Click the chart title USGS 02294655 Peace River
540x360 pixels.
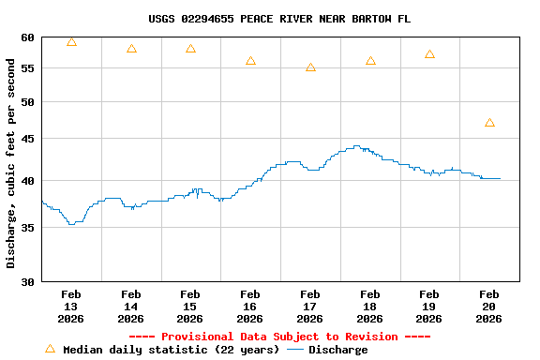coord(278,19)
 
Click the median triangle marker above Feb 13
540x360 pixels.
coord(71,42)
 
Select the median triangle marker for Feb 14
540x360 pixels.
coord(131,49)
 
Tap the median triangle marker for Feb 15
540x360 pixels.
coord(190,49)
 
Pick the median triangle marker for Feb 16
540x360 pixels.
coord(250,61)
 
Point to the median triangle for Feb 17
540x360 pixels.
coord(310,67)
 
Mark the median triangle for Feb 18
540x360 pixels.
coord(370,61)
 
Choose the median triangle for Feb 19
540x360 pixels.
coord(429,54)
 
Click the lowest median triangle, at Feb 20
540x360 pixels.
coord(489,123)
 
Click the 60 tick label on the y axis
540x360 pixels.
coord(25,37)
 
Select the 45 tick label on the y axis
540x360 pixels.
coord(25,139)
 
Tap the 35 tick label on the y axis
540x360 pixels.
coord(25,227)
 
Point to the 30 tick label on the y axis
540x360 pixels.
coord(25,281)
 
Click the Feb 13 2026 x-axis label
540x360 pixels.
coord(71,307)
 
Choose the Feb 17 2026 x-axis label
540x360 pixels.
coord(310,307)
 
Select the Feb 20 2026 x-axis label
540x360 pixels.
coord(489,307)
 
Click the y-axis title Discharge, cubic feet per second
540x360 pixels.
coord(11,163)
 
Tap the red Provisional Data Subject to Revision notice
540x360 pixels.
coord(278,337)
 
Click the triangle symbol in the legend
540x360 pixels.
coord(50,349)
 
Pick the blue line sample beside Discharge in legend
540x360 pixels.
coord(295,350)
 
